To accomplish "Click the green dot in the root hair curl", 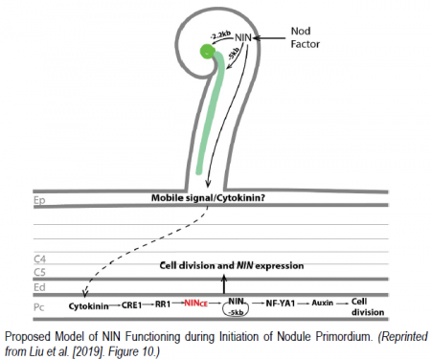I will pyautogui.click(x=205, y=51).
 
